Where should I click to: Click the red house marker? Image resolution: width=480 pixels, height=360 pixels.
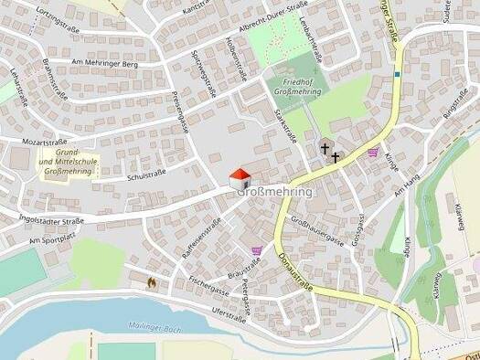(238, 176)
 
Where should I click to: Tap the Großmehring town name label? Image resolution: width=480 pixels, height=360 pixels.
(275, 193)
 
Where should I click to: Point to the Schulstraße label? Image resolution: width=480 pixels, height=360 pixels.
(146, 176)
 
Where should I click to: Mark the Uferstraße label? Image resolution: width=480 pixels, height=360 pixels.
(229, 315)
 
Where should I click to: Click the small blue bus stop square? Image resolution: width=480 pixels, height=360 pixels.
(398, 73)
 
